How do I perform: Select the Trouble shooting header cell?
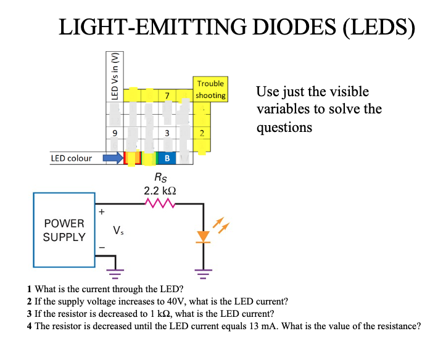point(210,89)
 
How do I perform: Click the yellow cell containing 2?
point(202,134)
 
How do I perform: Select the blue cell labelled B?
point(167,158)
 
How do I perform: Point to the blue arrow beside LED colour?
point(113,158)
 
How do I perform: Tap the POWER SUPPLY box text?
point(64,229)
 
